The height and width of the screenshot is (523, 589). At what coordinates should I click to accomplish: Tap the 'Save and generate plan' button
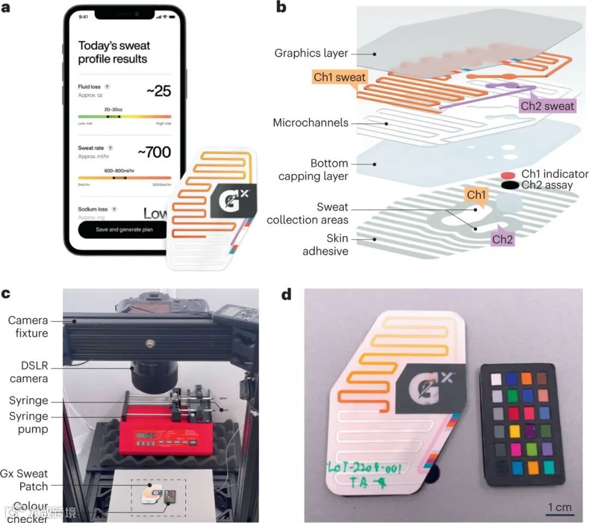(124, 229)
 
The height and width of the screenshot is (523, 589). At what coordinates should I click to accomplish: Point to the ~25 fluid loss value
(159, 91)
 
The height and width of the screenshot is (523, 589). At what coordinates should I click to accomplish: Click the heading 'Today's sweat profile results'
(113, 52)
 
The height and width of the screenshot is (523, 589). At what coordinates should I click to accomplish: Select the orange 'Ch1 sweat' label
(339, 77)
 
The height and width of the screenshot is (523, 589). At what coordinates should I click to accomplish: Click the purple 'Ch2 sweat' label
(547, 105)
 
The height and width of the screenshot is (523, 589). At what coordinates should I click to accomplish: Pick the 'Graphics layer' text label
(311, 54)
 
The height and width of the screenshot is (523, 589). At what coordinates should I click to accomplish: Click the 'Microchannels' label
(310, 123)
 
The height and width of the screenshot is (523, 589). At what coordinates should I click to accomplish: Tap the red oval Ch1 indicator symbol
(509, 175)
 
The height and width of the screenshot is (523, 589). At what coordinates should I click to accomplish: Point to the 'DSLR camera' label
(28, 372)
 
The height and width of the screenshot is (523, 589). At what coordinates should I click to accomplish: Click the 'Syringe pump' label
(28, 423)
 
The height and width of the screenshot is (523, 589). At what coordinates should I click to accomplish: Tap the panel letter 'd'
(286, 295)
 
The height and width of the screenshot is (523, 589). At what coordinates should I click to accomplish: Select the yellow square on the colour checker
(514, 432)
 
